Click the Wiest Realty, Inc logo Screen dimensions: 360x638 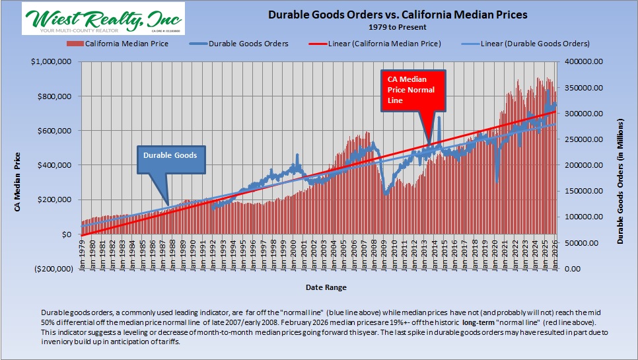click(103, 18)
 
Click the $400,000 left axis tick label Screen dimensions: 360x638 click(57, 165)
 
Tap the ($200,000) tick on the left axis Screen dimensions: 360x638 click(54, 269)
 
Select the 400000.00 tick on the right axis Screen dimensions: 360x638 click(582, 61)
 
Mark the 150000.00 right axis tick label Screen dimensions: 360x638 click(582, 191)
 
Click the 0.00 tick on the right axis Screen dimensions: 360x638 click(573, 269)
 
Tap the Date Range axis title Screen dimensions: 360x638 click(326, 287)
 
